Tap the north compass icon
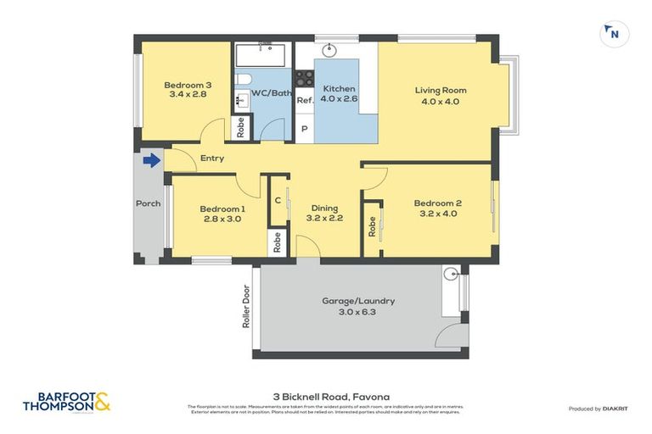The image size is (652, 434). point(614,35)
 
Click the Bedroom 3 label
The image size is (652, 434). point(188,90)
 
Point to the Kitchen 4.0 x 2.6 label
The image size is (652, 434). point(338,93)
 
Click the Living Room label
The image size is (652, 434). point(440,96)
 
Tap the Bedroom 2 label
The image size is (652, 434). point(437,208)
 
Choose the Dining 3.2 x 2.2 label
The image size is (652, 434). point(324,213)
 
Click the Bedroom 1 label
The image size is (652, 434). point(222,214)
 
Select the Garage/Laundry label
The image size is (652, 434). point(357,306)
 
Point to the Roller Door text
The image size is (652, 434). point(246,306)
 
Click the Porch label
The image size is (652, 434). point(149,203)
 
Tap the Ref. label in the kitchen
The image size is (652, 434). point(305,100)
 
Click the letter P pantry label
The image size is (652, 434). point(304,129)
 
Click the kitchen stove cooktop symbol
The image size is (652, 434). point(304,81)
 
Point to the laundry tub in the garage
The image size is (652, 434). point(451,274)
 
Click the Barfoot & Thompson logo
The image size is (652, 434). point(66,402)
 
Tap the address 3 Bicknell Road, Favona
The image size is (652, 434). point(326,395)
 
